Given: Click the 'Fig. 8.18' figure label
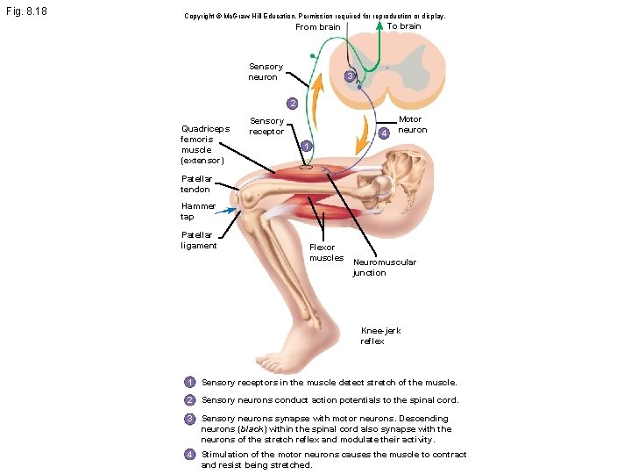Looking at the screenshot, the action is (x=26, y=11).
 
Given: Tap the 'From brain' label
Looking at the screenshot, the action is (x=318, y=27).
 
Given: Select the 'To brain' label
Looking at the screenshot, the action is (x=404, y=26).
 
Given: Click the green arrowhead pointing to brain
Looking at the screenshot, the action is (x=379, y=25).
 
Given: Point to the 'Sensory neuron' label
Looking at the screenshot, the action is (x=266, y=72).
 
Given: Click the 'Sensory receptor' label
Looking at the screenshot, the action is (x=266, y=126).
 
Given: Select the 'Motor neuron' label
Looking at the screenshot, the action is (x=413, y=125).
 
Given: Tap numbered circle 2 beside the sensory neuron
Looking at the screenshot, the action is (x=293, y=104).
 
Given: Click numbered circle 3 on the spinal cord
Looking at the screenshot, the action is (x=350, y=75).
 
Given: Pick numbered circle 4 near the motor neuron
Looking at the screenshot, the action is (x=384, y=133).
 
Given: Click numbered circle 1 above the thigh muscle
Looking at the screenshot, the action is (x=306, y=146).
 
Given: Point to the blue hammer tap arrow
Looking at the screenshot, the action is (x=225, y=211).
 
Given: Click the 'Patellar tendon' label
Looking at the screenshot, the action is (x=196, y=183).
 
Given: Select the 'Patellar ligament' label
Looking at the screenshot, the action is (x=199, y=241).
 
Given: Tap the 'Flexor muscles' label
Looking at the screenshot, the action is (x=326, y=253).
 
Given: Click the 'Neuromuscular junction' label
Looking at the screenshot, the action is (x=385, y=267).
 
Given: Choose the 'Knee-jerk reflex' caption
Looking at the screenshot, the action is (x=380, y=335).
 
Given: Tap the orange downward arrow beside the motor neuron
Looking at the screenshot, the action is (x=363, y=134).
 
